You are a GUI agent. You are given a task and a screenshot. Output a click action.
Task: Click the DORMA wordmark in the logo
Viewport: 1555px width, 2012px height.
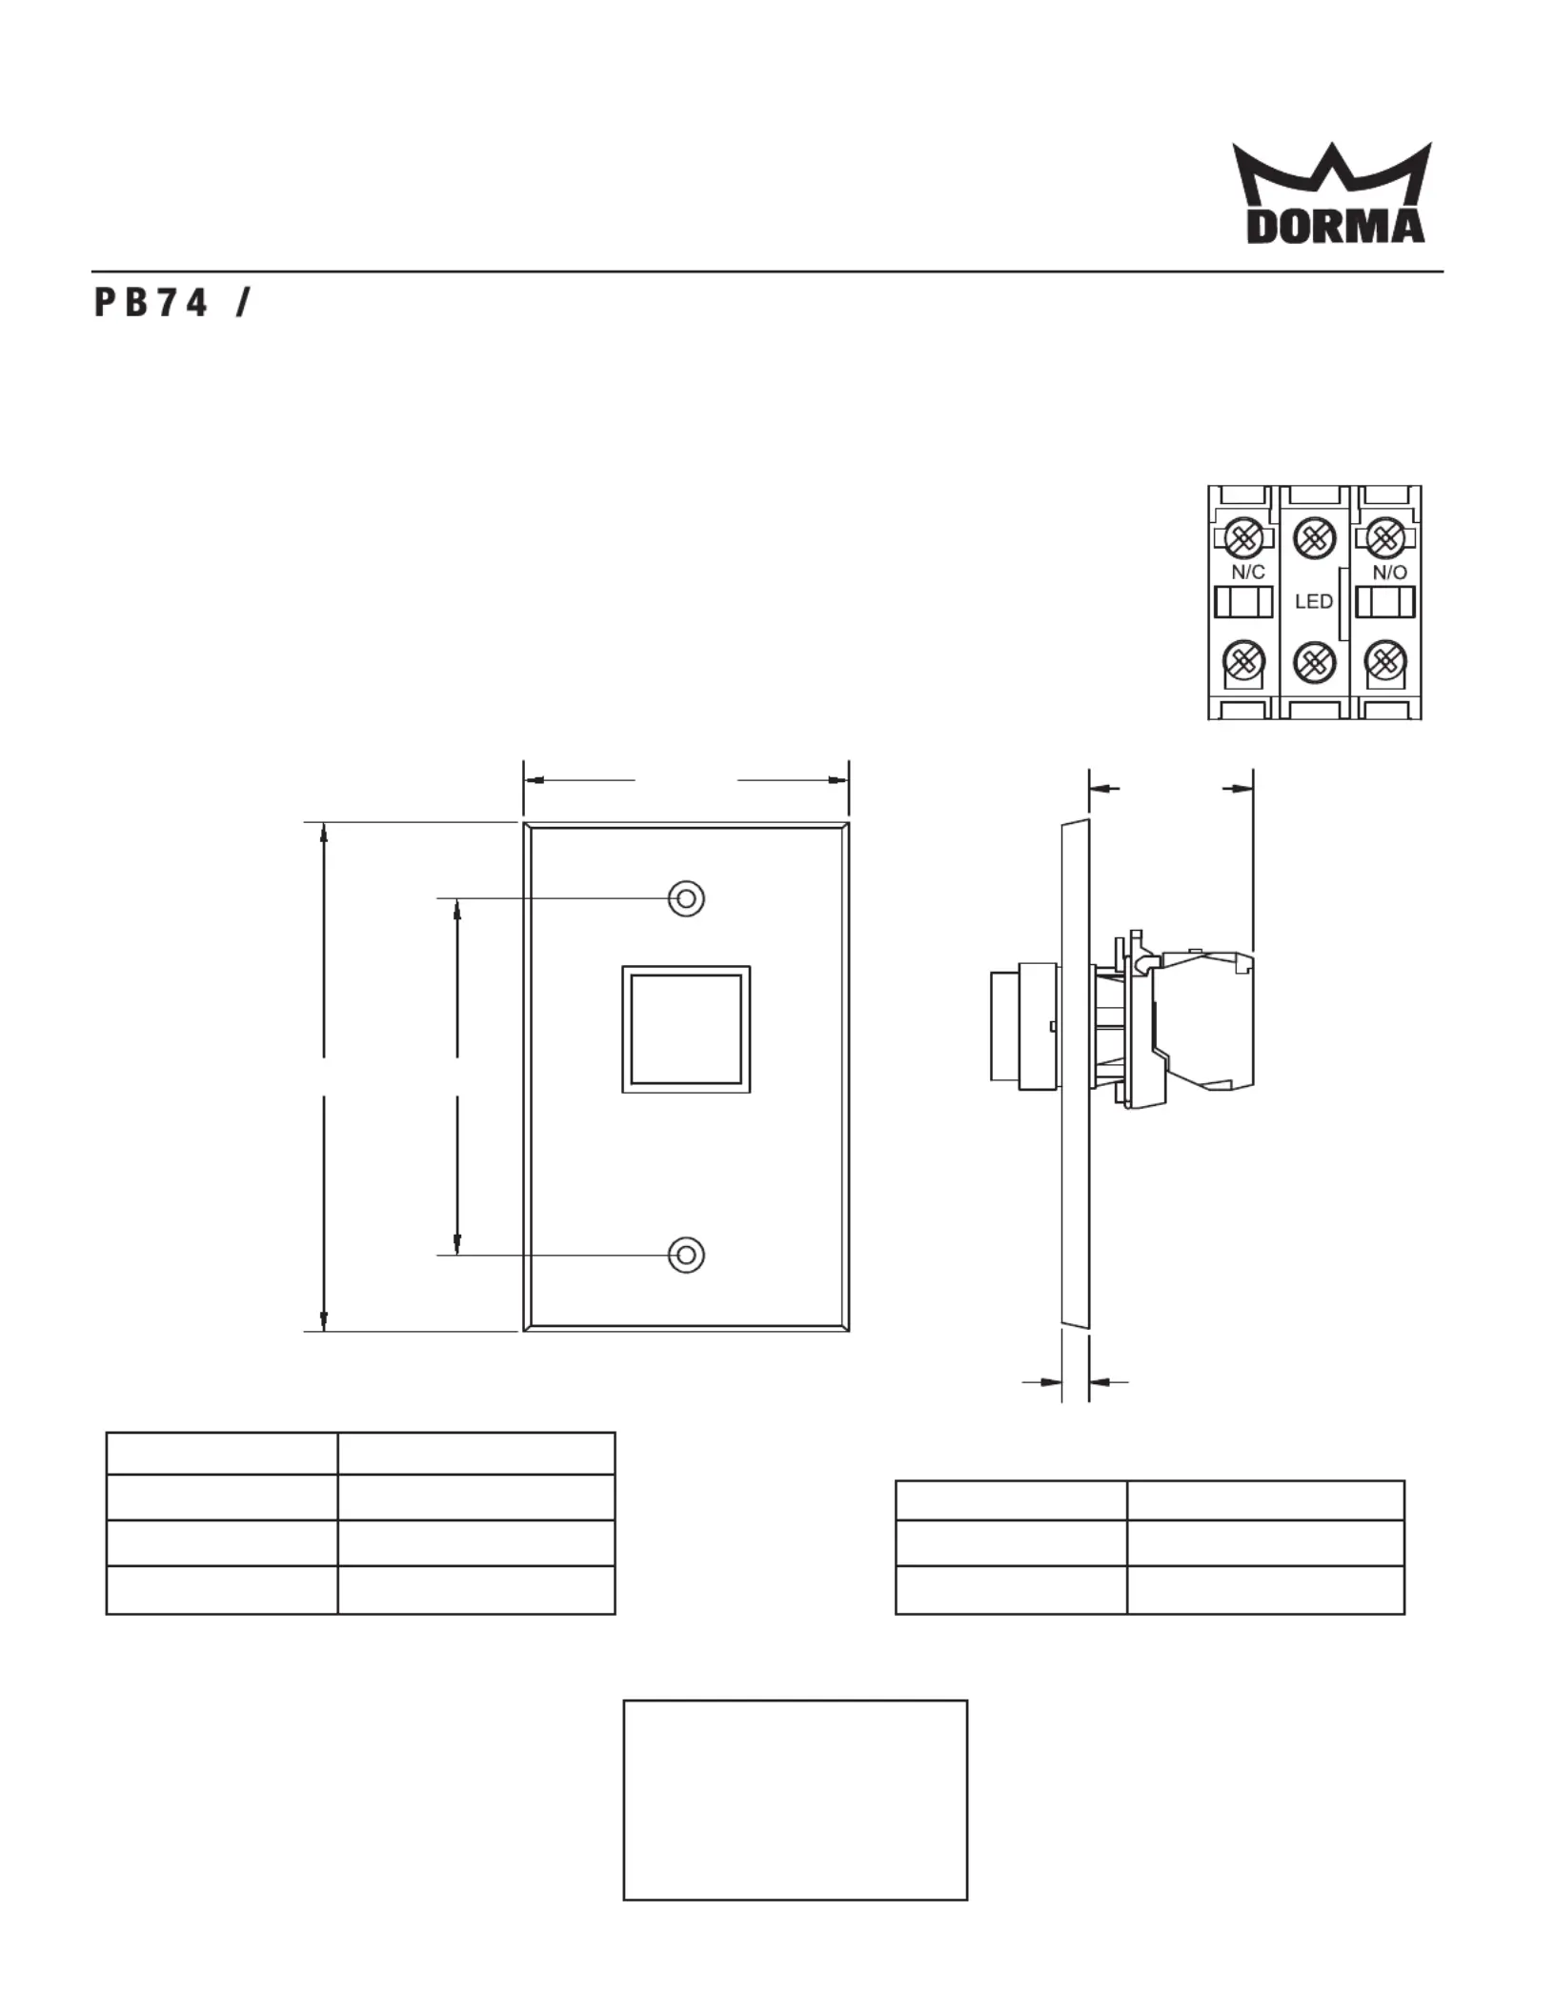click(x=1336, y=226)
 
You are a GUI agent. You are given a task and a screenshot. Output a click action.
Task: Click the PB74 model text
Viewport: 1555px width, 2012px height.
click(x=151, y=303)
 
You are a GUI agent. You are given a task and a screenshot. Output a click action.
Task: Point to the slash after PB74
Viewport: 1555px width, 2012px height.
click(x=243, y=303)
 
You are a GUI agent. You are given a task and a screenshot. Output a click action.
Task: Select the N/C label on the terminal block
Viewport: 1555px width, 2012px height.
click(x=1247, y=572)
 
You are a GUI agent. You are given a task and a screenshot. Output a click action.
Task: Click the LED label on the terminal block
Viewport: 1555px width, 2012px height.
click(x=1313, y=601)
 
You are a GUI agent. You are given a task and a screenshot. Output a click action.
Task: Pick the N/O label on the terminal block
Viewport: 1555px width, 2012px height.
click(x=1389, y=572)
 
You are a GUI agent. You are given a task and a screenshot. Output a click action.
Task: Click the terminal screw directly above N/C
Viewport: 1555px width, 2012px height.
click(x=1243, y=538)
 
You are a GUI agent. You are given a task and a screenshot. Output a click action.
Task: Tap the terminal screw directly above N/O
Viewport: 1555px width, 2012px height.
click(x=1385, y=538)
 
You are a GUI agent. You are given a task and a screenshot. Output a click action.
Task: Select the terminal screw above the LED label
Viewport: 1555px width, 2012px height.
click(x=1314, y=538)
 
